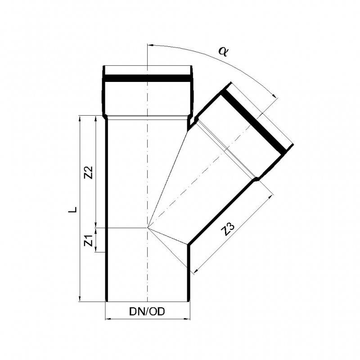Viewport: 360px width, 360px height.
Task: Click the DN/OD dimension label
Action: pos(147,311)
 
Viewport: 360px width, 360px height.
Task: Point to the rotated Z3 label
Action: pos(229,230)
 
